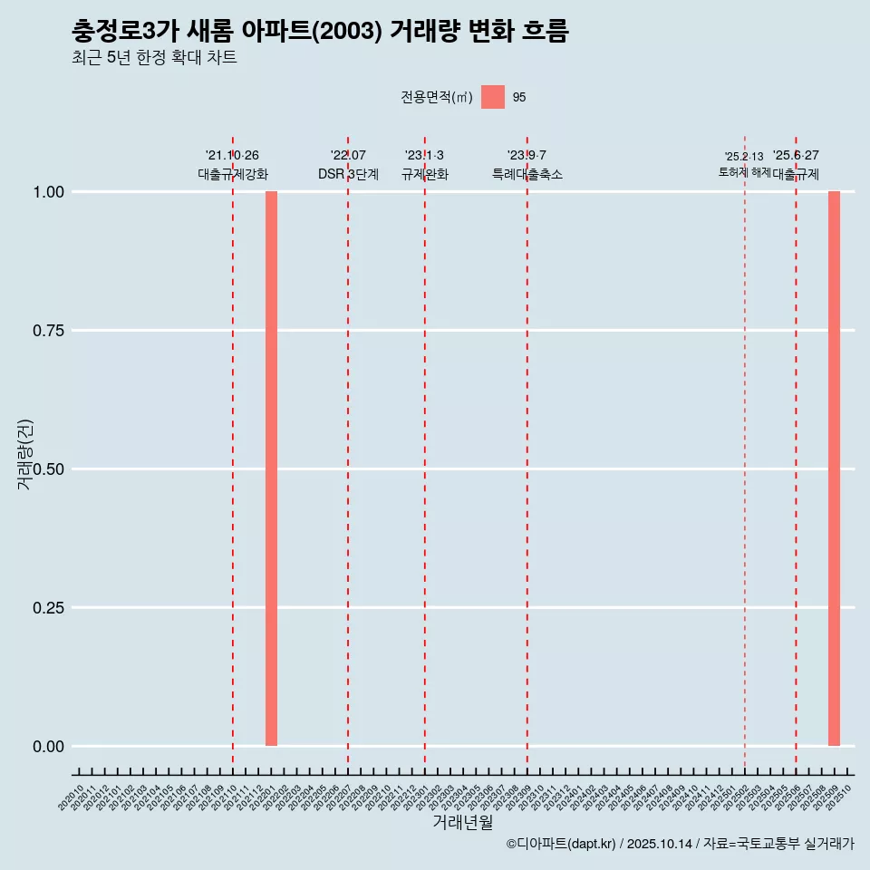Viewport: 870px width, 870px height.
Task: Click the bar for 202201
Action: tap(271, 469)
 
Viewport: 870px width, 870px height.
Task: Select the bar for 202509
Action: tap(834, 469)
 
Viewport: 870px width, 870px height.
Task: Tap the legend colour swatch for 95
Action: tap(493, 97)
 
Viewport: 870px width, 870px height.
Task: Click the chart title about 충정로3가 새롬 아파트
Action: tap(320, 32)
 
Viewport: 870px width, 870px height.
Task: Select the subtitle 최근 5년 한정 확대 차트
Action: tap(154, 59)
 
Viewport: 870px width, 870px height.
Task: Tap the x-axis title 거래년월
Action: tap(462, 823)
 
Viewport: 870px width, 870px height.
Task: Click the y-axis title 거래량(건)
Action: tap(25, 453)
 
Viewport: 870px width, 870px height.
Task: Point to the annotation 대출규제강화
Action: tap(233, 174)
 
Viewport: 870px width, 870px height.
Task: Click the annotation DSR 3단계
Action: tap(348, 174)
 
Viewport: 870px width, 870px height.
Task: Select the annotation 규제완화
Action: tap(425, 174)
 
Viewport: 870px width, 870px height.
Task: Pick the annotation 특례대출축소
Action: tap(527, 174)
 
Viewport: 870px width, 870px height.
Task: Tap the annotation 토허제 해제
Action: tap(744, 171)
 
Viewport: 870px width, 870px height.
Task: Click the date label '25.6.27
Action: tap(796, 156)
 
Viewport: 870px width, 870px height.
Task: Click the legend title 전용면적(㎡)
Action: tap(437, 98)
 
